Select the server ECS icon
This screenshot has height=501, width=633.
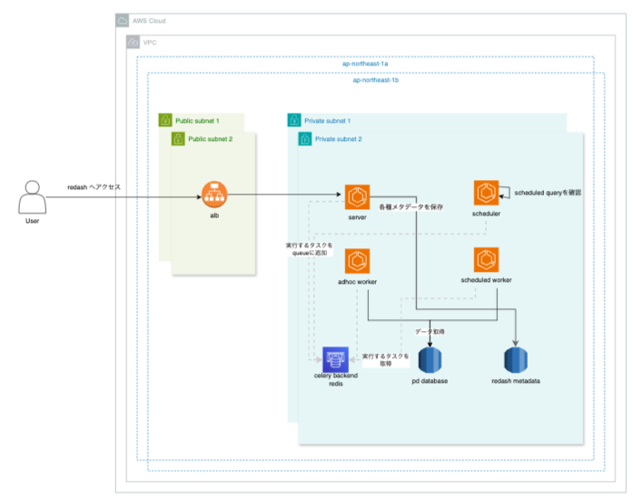(x=356, y=196)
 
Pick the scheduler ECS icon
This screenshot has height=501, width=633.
(x=486, y=193)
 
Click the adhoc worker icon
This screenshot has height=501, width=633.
(x=356, y=260)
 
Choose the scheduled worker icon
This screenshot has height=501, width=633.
(x=486, y=259)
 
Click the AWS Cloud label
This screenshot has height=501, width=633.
(x=148, y=20)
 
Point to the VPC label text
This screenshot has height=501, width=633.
(x=152, y=43)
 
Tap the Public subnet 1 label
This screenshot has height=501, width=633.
(x=197, y=120)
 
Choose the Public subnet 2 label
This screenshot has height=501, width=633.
(x=210, y=138)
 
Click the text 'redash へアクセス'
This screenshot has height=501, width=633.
(x=94, y=187)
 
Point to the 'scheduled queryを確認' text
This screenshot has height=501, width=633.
(x=544, y=194)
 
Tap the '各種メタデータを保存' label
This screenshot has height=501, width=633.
(x=410, y=207)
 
